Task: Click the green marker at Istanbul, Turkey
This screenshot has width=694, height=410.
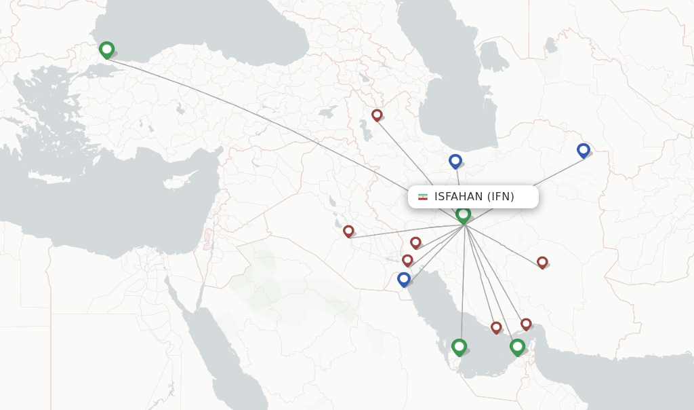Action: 106,50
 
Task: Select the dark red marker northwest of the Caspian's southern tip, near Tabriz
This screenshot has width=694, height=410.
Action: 377,115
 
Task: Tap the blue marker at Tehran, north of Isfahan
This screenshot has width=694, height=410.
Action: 455,161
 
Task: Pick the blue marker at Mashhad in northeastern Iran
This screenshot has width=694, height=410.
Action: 584,150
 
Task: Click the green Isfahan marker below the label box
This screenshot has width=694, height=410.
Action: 464,215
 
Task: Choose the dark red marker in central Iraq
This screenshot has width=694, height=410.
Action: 348,231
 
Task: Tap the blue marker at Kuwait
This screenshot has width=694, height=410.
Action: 404,279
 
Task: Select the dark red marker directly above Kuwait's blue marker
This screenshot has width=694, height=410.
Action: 407,260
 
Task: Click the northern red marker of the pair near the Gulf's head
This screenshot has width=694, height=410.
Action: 415,242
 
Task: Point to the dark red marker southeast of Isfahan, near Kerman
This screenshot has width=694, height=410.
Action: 542,262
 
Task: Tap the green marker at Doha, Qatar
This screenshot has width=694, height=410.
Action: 460,347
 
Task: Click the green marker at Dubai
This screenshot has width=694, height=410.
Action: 518,347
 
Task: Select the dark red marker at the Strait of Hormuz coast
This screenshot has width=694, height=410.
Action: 526,324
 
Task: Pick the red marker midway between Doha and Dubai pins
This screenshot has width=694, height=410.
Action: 496,327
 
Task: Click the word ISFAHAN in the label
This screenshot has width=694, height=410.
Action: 459,197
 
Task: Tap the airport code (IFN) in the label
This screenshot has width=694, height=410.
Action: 501,197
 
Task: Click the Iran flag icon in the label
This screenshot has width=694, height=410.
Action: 423,197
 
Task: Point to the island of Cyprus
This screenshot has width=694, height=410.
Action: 176,183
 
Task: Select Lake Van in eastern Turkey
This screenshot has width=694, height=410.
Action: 327,111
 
